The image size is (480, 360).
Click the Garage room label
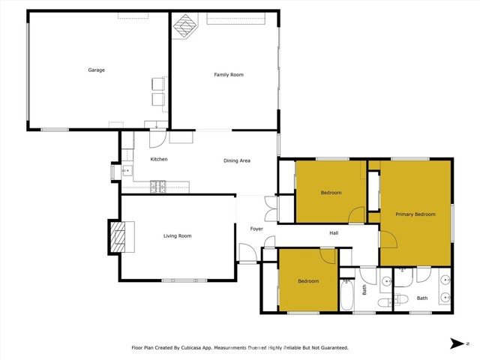(x=96, y=70)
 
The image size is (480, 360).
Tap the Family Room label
(x=229, y=75)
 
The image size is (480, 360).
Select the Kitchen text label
(x=158, y=160)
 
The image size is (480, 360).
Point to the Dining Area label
(x=236, y=161)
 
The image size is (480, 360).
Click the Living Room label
(x=178, y=236)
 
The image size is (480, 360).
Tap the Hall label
(x=334, y=233)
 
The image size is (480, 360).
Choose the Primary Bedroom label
(x=415, y=214)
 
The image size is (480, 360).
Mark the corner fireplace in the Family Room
(x=184, y=26)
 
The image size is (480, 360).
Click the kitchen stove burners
(x=158, y=185)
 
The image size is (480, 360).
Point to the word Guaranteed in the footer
(x=331, y=348)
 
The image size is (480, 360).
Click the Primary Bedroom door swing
(x=388, y=240)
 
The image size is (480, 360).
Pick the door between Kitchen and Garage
(x=157, y=137)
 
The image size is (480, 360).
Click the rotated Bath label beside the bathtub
(x=365, y=289)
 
